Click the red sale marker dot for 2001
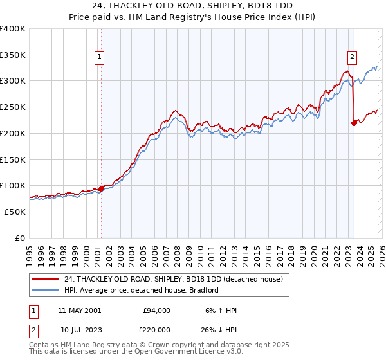[x=102, y=188]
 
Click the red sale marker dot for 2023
[x=354, y=123]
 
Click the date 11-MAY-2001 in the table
[x=79, y=310]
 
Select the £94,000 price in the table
[x=156, y=310]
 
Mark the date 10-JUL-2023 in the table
[x=80, y=329]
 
